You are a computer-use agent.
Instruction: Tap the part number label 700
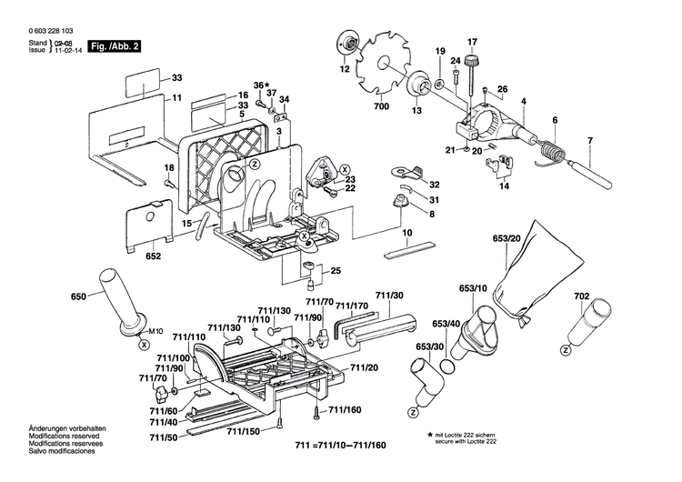click(382, 107)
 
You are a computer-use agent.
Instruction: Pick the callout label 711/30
click(391, 296)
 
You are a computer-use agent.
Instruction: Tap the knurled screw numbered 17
click(472, 64)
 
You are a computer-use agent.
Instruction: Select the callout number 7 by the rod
click(588, 139)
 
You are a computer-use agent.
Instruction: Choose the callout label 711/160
click(346, 410)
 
